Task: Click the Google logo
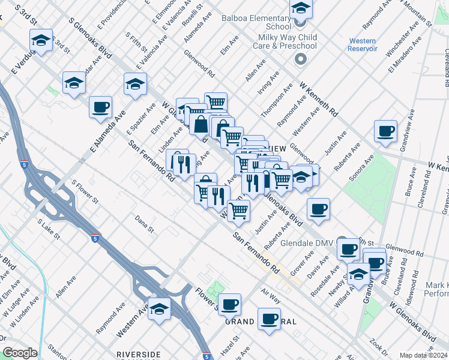point(19,353)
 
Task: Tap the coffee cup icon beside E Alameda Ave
point(100,107)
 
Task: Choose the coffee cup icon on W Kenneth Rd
point(385,131)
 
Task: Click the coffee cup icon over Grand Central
point(269,318)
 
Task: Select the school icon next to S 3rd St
point(41,40)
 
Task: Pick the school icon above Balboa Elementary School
point(301,8)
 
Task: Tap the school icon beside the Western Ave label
point(160,308)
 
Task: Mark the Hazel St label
point(231,347)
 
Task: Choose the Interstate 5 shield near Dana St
point(95,238)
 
